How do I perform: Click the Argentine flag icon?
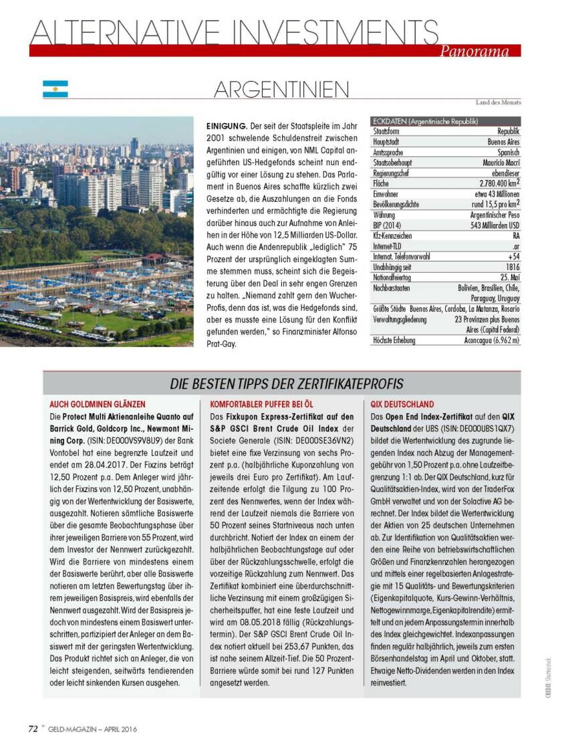point(55,90)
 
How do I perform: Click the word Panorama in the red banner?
point(474,51)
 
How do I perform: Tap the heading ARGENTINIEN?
point(281,90)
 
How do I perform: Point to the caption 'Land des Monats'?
point(498,102)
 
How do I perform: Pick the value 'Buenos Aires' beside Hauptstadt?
point(503,142)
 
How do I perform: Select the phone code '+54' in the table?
point(513,256)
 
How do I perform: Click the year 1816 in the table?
point(513,267)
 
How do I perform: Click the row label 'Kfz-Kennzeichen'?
point(393,236)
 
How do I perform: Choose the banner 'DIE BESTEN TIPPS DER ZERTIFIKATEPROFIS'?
point(286,383)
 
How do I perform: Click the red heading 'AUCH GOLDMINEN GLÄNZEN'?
point(97,405)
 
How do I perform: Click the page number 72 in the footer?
point(32,729)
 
